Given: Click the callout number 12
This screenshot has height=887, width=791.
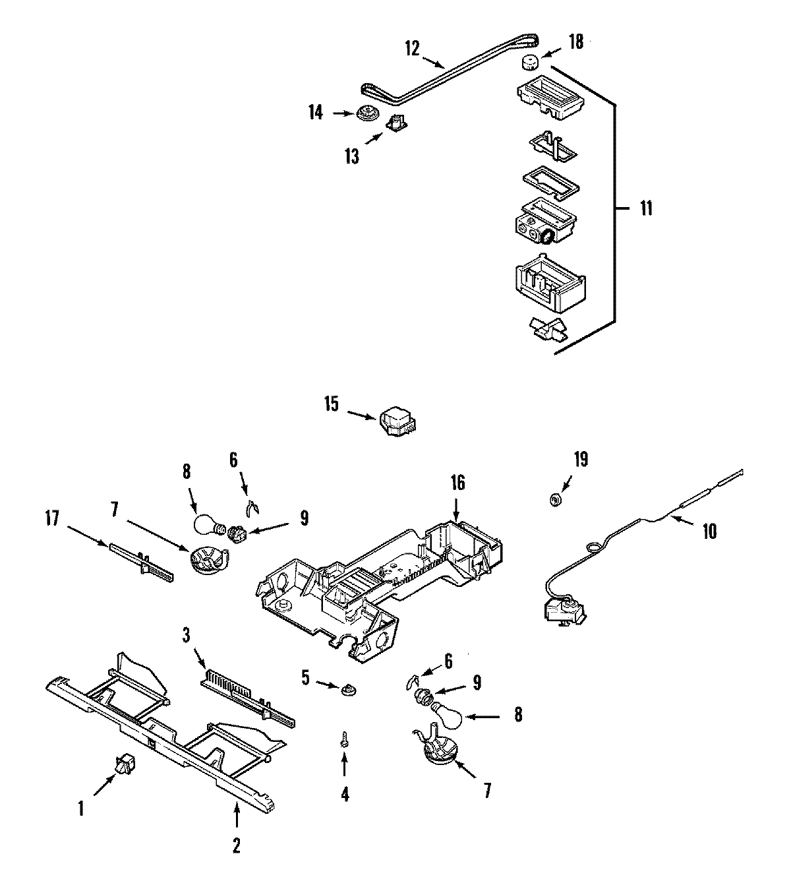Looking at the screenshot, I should coord(412,49).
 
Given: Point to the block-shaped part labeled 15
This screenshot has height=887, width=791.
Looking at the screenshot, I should coord(397,421).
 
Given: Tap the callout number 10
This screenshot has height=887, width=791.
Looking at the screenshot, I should coord(709,531).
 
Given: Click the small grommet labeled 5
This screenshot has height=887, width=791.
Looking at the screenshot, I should coord(345,690).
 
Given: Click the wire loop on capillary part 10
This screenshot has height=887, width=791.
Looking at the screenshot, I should coord(595,545).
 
